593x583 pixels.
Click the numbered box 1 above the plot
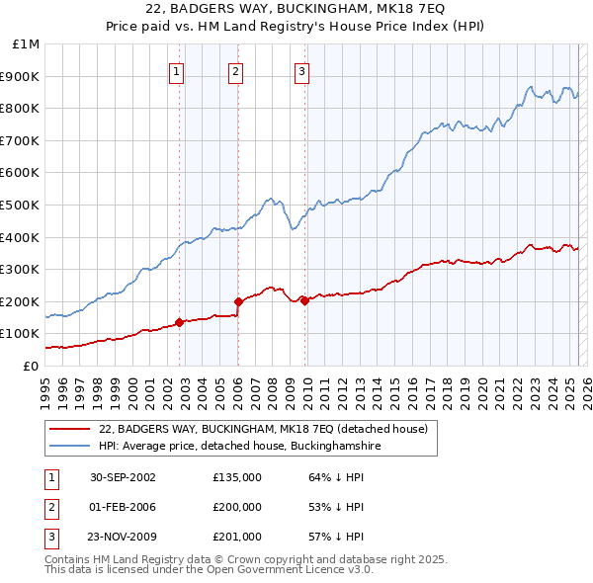click(176, 70)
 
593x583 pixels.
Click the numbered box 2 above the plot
click(236, 70)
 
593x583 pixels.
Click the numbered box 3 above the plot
click(301, 70)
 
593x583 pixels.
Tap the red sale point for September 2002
click(179, 322)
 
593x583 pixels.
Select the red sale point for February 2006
click(238, 301)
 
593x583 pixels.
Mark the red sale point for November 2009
click(304, 301)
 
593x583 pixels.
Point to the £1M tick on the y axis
click(27, 44)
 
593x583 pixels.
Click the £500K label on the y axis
click(22, 205)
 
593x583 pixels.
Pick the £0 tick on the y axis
click(32, 366)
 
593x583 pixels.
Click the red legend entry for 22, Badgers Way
click(263, 429)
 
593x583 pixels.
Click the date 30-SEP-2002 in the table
click(123, 477)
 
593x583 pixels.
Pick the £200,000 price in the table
click(237, 507)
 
